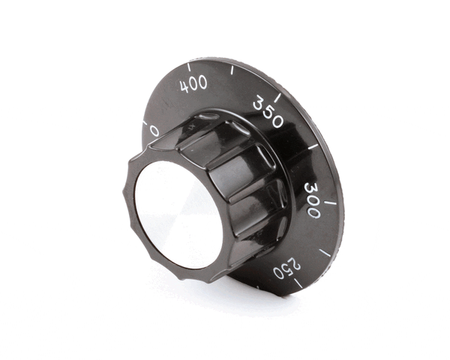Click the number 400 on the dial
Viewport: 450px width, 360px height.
point(194,83)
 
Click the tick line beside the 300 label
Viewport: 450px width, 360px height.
point(330,202)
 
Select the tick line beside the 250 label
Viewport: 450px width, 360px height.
point(298,282)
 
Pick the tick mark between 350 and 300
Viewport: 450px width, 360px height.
point(313,146)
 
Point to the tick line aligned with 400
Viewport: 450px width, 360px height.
point(190,65)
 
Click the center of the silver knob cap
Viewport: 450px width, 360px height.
point(178,215)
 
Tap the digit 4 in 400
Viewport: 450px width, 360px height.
point(184,86)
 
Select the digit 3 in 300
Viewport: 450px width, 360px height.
point(310,188)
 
